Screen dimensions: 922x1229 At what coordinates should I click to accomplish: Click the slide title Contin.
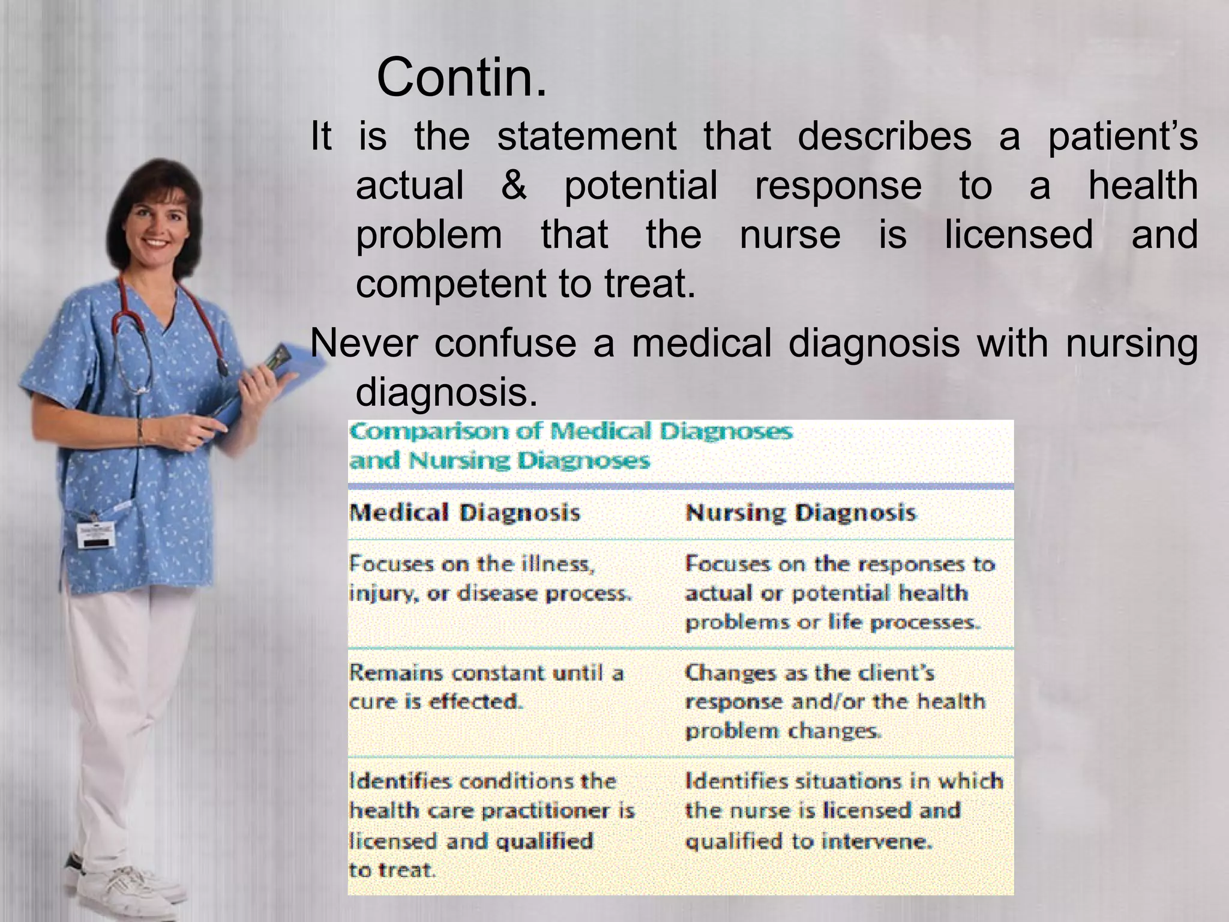pyautogui.click(x=461, y=77)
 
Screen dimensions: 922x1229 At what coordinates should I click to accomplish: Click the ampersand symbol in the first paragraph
pyautogui.click(x=514, y=185)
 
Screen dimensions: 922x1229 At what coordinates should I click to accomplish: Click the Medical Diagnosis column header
pyautogui.click(x=464, y=513)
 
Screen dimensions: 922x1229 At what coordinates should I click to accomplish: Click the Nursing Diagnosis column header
pyautogui.click(x=801, y=513)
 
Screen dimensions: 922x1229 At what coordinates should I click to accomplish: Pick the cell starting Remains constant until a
pyautogui.click(x=486, y=687)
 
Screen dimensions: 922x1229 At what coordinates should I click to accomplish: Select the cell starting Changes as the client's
pyautogui.click(x=835, y=701)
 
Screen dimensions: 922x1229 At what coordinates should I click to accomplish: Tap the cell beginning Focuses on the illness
pyautogui.click(x=490, y=578)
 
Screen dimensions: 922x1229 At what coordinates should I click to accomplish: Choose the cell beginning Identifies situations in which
pyautogui.click(x=843, y=810)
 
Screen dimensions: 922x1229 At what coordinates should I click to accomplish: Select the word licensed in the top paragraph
pyautogui.click(x=1018, y=234)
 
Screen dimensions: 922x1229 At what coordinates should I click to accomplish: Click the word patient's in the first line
pyautogui.click(x=1122, y=137)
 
